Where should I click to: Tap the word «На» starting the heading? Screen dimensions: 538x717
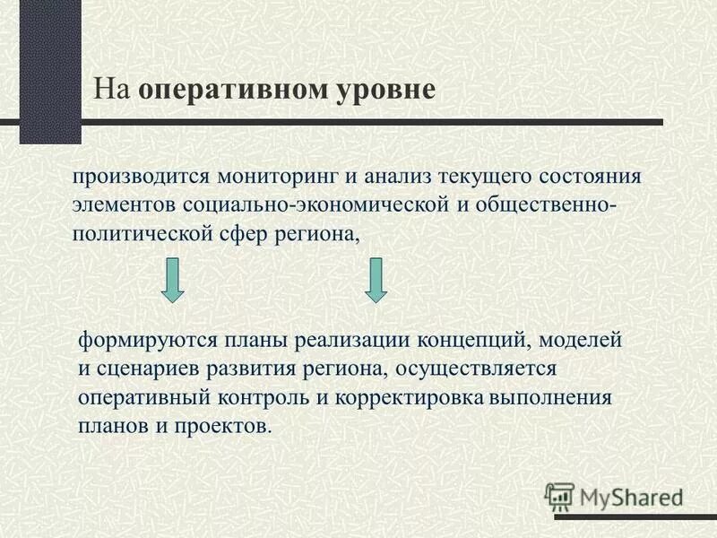[x=114, y=91]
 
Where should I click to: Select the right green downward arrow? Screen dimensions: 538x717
[x=376, y=279]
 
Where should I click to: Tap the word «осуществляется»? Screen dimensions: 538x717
[x=475, y=369]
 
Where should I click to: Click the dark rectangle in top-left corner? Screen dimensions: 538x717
[x=50, y=72]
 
